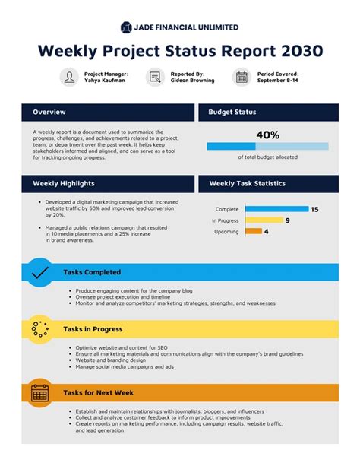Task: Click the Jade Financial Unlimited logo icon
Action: [x=126, y=27]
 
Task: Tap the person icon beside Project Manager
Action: [x=70, y=77]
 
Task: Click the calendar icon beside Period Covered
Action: [x=242, y=77]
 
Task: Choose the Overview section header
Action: [x=49, y=113]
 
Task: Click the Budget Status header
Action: [x=232, y=113]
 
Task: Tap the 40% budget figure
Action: [x=267, y=135]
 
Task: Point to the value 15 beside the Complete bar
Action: [x=314, y=209]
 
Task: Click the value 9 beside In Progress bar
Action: [x=287, y=220]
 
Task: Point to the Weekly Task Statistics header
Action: [x=247, y=183]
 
